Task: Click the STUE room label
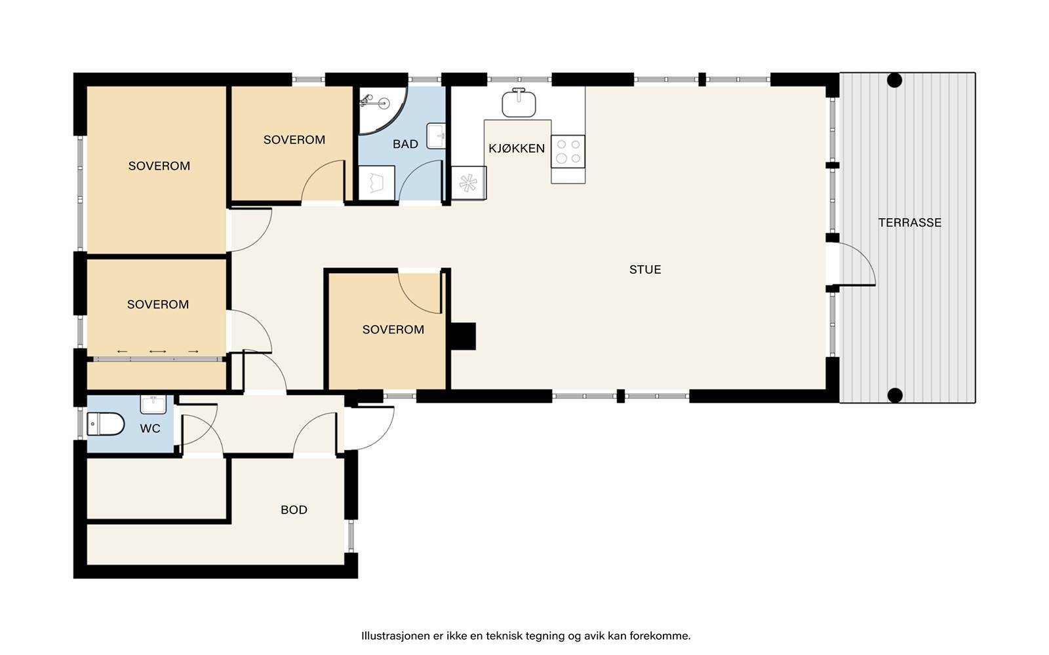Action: [645, 269]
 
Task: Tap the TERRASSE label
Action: [909, 223]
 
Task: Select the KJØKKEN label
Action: [517, 148]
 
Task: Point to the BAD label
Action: [405, 144]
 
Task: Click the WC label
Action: [150, 428]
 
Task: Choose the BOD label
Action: [294, 510]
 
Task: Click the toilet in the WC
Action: [106, 424]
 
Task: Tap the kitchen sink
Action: [519, 102]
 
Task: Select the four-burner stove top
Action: [568, 151]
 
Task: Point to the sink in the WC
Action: [153, 404]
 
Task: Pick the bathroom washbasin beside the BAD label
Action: [436, 136]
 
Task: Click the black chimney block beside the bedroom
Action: [463, 337]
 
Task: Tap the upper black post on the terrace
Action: [894, 81]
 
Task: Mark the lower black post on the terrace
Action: [895, 396]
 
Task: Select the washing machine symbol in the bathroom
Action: [376, 183]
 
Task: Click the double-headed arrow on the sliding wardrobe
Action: [158, 351]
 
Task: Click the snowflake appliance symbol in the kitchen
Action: [468, 183]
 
